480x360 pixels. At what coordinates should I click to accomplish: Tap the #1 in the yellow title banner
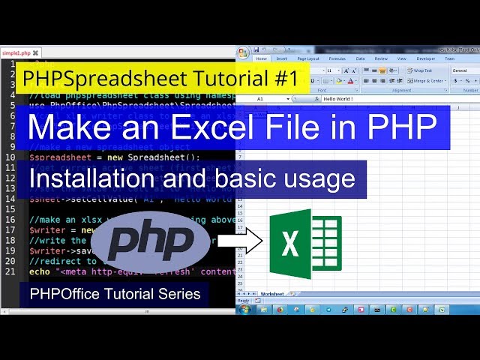(x=283, y=78)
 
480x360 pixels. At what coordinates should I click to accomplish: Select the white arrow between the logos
(x=239, y=241)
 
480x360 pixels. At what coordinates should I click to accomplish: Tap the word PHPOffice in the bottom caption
(x=63, y=294)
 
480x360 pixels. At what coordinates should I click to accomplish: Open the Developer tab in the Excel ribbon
(x=425, y=58)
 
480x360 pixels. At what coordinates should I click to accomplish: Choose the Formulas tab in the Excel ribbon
(x=337, y=58)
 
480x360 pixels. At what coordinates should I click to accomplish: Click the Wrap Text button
(x=419, y=70)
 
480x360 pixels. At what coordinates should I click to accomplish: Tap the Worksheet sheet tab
(x=272, y=294)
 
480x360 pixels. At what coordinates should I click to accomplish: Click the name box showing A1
(x=266, y=98)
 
